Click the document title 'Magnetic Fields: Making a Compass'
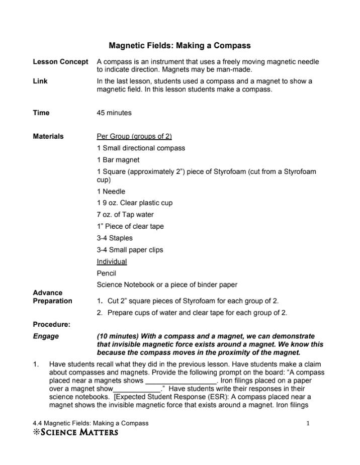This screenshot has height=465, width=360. pos(179,46)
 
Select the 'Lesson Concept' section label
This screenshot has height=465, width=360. pos(60,62)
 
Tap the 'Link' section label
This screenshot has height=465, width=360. pos(40,81)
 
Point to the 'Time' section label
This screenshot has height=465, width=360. pos(41,113)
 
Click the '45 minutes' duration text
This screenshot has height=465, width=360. pos(114,113)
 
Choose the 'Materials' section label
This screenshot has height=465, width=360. pos(48,136)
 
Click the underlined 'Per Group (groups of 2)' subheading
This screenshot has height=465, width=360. pos(134,136)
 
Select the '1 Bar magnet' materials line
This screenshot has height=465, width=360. pos(118,160)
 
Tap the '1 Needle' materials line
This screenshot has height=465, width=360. pos(111,191)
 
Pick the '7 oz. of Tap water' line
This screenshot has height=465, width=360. pos(125,215)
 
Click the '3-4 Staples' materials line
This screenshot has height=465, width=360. pos(115,238)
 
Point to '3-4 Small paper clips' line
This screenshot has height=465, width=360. pos(130,250)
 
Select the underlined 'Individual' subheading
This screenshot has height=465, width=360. pos(112,261)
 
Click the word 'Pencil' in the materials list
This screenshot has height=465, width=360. pos(107,273)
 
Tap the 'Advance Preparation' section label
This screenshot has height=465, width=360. pos(52,297)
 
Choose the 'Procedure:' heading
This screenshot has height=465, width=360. pos(51,324)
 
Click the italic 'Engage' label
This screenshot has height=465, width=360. pos(46,336)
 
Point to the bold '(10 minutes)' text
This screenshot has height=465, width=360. pos(119,336)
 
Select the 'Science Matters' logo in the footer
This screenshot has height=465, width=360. pos(75,432)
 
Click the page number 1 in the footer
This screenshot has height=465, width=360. pos(308,423)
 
